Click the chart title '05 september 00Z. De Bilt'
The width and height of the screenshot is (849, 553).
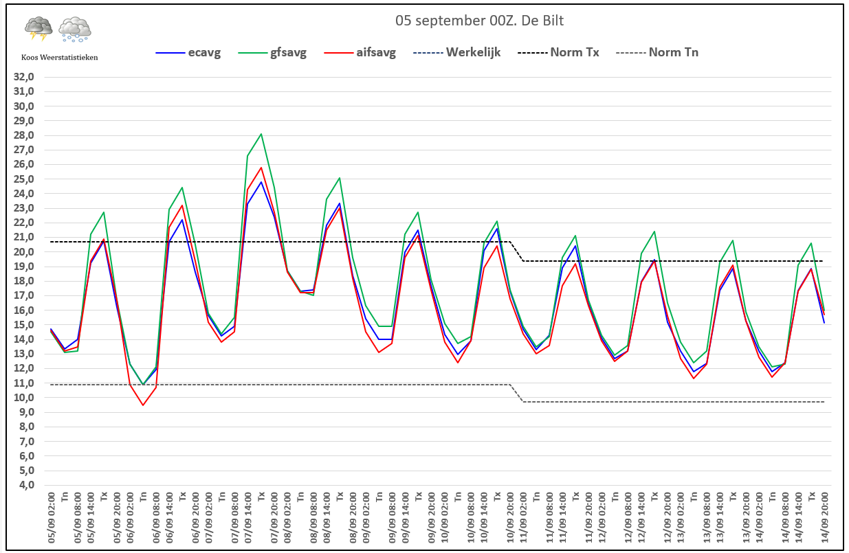tap(479, 21)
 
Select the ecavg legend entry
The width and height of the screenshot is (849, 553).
tap(188, 52)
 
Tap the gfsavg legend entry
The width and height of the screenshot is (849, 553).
tap(272, 52)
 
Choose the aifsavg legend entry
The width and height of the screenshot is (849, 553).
tap(360, 52)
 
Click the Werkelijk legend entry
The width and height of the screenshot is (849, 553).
tap(456, 52)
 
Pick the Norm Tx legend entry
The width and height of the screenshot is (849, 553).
tap(558, 52)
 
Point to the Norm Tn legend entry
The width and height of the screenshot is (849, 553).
tap(657, 52)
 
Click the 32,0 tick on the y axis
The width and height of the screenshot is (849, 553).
tap(24, 77)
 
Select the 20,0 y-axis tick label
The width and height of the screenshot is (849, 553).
tap(24, 252)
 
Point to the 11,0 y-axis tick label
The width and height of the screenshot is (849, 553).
tap(24, 383)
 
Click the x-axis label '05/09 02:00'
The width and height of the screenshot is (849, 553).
tap(52, 518)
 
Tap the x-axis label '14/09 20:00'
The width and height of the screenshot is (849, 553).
tap(825, 518)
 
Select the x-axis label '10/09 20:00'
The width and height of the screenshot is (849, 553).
tap(510, 518)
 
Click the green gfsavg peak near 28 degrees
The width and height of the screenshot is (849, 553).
tap(261, 134)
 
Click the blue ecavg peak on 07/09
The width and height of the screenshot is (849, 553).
tap(261, 182)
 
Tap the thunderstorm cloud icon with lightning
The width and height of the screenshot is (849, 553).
tap(38, 28)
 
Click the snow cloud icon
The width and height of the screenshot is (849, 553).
tap(75, 29)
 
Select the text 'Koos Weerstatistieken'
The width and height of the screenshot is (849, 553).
tap(60, 58)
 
